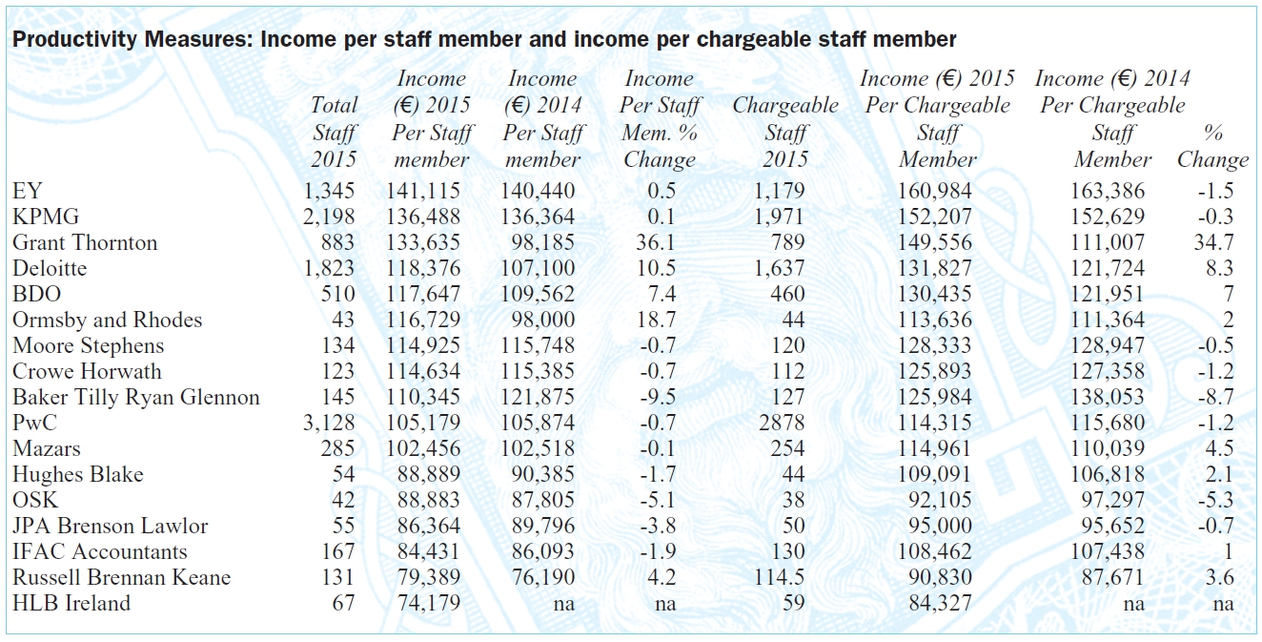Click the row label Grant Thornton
pyautogui.click(x=85, y=243)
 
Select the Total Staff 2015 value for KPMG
pyautogui.click(x=329, y=217)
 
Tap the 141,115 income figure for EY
pyautogui.click(x=423, y=191)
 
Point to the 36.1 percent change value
pyautogui.click(x=656, y=243)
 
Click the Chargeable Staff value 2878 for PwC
pyautogui.click(x=782, y=423)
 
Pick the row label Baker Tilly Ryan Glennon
pyautogui.click(x=135, y=398)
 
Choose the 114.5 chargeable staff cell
pyautogui.click(x=779, y=578)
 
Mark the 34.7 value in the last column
pyautogui.click(x=1213, y=243)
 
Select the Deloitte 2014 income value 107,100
pyautogui.click(x=538, y=268)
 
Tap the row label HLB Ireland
pyautogui.click(x=71, y=604)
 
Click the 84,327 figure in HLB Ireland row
pyautogui.click(x=940, y=604)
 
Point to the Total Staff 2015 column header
pyautogui.click(x=335, y=132)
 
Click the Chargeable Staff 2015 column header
pyautogui.click(x=785, y=132)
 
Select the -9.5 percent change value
pyautogui.click(x=658, y=398)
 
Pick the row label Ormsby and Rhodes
pyautogui.click(x=107, y=321)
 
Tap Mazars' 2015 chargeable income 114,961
pyautogui.click(x=935, y=448)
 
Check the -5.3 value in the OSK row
pyautogui.click(x=1216, y=501)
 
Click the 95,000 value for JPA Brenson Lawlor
pyautogui.click(x=940, y=527)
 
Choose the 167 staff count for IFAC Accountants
pyautogui.click(x=338, y=551)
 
